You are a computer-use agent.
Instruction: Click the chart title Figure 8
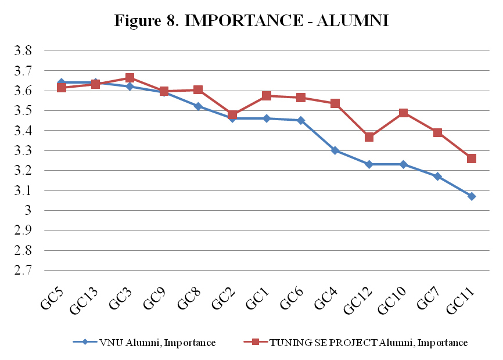[251, 21]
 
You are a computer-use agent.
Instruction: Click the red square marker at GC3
[130, 78]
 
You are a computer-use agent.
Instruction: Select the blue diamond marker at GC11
[472, 196]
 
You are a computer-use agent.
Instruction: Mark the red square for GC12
[369, 137]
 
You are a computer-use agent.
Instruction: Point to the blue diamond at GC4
[335, 150]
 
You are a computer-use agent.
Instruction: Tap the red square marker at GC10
[403, 113]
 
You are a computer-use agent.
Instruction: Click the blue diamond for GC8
[198, 106]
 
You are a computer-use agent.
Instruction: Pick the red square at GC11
[472, 159]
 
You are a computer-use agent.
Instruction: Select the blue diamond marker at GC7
[437, 177]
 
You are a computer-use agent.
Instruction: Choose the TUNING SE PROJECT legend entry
[360, 343]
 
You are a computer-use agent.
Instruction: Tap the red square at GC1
[267, 95]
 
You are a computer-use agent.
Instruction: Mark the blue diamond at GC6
[301, 120]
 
